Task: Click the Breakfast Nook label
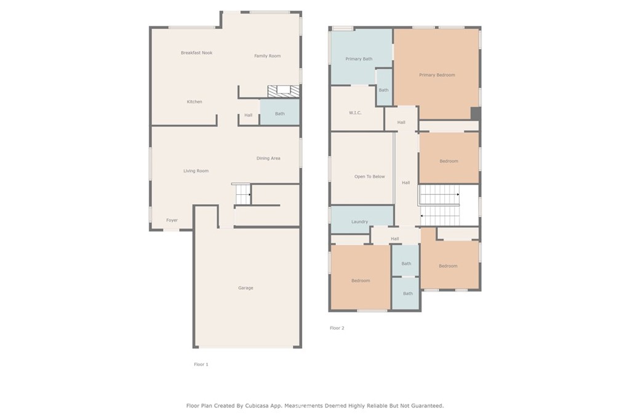point(196,53)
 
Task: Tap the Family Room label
point(267,56)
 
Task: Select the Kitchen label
point(194,101)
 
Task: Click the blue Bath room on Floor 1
point(280,112)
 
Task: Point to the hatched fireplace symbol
point(284,91)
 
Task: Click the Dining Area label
point(268,158)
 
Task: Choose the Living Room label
point(196,171)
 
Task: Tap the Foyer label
point(172,220)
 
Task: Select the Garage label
point(245,288)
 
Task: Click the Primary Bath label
point(359,59)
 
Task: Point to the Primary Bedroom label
point(437,75)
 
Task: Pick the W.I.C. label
point(355,113)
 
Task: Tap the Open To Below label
point(370,176)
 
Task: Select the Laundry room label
point(359,221)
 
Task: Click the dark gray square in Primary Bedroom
point(476,113)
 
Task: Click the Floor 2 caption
point(337,328)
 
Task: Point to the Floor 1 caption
point(201,365)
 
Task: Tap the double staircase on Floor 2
point(440,205)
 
